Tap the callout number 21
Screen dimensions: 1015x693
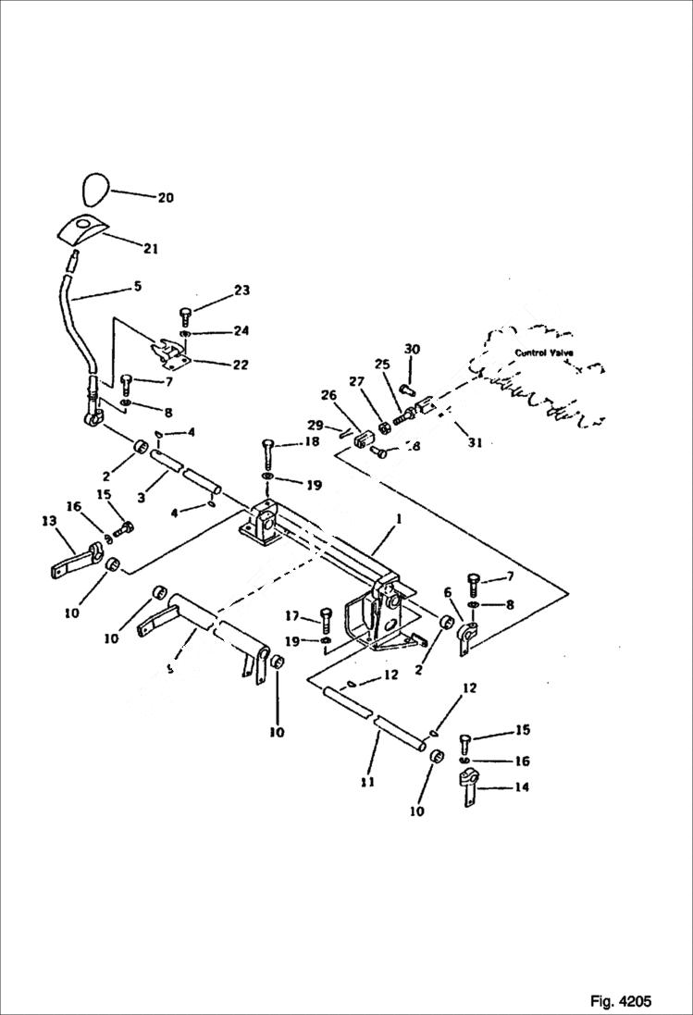[x=150, y=248]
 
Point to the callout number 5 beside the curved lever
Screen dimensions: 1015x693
[x=137, y=287]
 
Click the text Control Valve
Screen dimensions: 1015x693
[x=544, y=353]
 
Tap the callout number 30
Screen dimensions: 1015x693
[x=412, y=349]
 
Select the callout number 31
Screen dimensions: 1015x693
[x=475, y=443]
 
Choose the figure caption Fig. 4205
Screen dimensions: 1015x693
[x=620, y=1001]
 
